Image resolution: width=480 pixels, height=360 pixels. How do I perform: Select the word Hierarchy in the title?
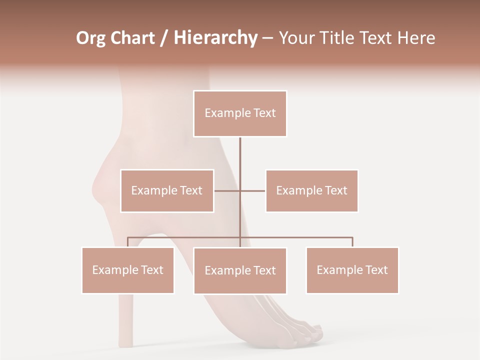click(215, 38)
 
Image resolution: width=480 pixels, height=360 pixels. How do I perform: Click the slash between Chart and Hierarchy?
click(164, 38)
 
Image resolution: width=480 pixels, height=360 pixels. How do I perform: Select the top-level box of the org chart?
click(240, 113)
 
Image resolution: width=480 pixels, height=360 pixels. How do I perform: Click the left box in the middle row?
click(167, 190)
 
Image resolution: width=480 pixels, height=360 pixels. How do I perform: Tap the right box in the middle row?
click(311, 190)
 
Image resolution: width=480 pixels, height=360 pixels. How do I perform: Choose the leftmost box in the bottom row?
click(128, 270)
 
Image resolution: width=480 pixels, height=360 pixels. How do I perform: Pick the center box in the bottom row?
click(240, 271)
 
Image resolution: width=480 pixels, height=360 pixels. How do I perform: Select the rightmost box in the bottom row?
click(352, 270)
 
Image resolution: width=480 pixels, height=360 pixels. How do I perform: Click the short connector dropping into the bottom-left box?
click(128, 242)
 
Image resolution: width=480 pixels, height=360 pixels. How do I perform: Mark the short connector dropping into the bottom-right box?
click(352, 242)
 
